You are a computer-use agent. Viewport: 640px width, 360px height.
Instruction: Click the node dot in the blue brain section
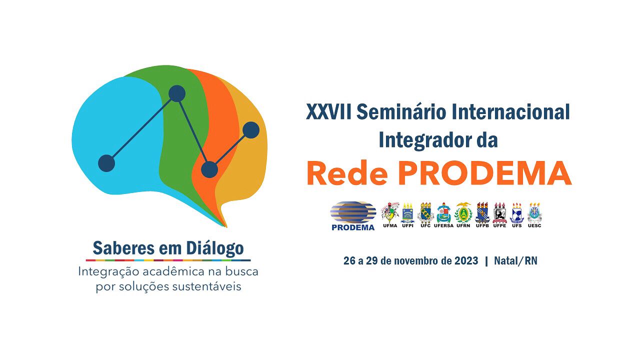coord(106,163)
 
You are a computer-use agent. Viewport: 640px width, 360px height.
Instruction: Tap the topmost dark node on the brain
coord(177,93)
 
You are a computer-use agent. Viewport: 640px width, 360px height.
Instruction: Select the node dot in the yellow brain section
coord(251,130)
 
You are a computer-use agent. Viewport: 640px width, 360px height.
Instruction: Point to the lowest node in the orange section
coord(209,169)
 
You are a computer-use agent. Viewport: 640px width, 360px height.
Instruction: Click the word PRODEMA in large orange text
coord(484,173)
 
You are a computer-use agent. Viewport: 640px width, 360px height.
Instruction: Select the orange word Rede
coord(347,173)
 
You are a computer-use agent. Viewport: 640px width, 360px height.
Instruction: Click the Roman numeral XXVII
coord(328,111)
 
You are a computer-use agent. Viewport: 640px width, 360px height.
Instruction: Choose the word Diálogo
coord(215,248)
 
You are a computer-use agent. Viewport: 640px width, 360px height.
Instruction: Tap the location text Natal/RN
coord(515,261)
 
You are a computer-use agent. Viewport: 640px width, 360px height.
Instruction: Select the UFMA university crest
coord(390,212)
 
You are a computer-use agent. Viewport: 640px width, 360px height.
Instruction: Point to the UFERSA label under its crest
coord(443,225)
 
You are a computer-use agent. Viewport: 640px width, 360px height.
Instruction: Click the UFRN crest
coord(463,212)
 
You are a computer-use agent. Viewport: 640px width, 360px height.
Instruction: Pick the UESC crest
coord(534,212)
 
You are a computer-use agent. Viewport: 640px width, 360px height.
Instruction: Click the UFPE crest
coord(499,212)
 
